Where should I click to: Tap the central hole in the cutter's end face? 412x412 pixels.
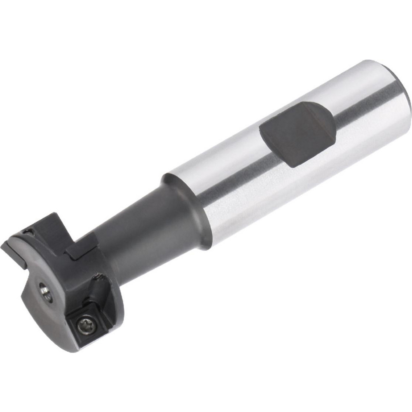point(44,290)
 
